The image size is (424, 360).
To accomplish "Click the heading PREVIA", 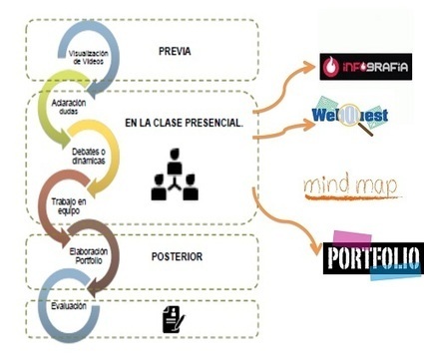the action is [x=175, y=52].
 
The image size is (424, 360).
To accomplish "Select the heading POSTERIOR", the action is [x=177, y=256].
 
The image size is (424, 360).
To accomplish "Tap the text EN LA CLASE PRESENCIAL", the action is [x=185, y=123].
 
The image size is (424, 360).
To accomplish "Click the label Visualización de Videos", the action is [x=89, y=58].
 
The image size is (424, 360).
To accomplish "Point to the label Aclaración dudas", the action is [x=69, y=107].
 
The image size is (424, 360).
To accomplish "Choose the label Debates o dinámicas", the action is [x=89, y=157].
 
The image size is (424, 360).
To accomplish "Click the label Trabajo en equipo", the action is [x=69, y=206].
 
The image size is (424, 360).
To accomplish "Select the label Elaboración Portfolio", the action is [x=89, y=255].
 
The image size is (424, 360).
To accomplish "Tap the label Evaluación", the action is [x=69, y=306].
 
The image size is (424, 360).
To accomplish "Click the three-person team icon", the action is [x=175, y=175].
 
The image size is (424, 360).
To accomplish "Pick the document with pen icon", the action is [x=174, y=319].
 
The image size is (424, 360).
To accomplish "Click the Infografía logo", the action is [x=366, y=67].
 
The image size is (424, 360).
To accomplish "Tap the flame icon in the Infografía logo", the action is [x=331, y=67].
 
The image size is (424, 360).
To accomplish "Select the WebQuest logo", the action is [x=350, y=116].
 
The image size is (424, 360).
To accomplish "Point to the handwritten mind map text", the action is [x=351, y=186].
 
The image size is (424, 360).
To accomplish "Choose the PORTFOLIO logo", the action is [x=373, y=257].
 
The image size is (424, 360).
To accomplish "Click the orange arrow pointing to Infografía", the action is [x=283, y=87].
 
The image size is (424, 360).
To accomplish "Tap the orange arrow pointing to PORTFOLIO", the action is [x=280, y=222].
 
